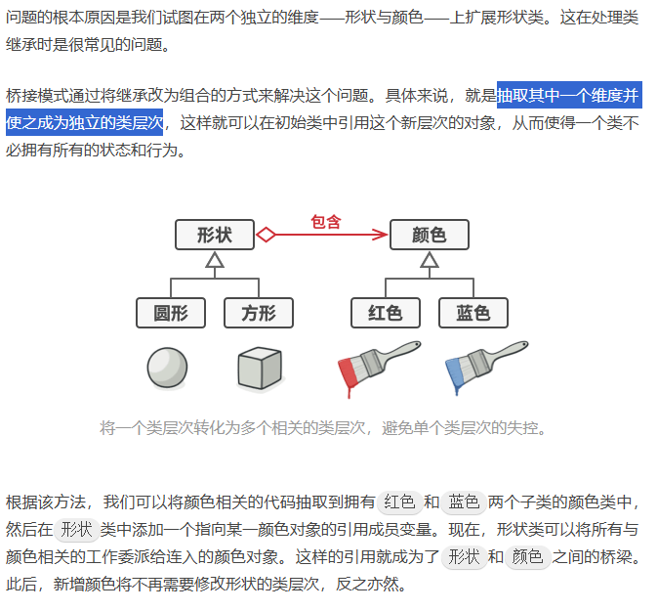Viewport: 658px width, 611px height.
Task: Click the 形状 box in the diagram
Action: pos(215,235)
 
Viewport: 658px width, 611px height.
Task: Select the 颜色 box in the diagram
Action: pos(430,235)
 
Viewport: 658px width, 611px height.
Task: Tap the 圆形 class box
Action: pos(171,313)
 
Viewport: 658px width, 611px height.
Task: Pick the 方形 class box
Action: pos(259,313)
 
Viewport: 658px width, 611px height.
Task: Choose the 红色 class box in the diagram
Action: pos(386,313)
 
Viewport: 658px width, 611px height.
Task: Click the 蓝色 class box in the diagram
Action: pos(473,313)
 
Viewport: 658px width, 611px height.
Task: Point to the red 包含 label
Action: pos(326,221)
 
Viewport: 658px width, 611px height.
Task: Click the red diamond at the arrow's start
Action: pos(266,235)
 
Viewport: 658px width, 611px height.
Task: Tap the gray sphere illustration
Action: pos(167,369)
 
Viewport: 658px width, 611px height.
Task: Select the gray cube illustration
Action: pos(260,370)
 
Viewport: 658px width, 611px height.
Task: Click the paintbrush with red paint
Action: pos(377,367)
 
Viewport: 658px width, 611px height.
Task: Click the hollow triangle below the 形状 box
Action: pos(215,260)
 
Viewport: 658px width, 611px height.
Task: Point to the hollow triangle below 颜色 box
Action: pos(430,260)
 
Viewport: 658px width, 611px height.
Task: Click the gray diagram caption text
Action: pos(323,428)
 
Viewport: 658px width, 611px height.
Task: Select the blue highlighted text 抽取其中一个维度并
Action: pos(568,96)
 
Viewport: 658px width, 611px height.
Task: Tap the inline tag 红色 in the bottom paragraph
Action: pos(399,502)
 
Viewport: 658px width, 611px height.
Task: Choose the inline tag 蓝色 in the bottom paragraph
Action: pos(464,502)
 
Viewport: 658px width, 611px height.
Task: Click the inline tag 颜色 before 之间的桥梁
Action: pos(527,557)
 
